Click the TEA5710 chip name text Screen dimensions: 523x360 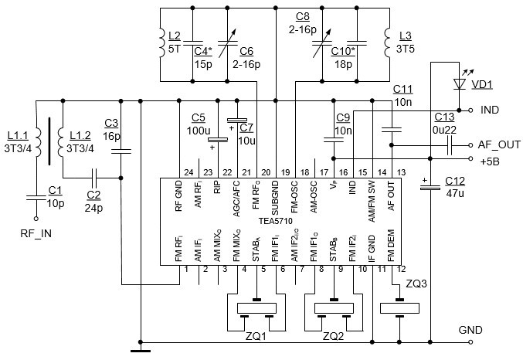point(276,221)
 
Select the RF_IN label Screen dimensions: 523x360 point(36,233)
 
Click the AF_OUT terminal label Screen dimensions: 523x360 point(499,144)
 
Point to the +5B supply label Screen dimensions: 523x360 point(490,161)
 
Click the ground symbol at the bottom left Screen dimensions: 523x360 point(141,351)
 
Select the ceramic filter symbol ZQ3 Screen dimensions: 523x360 point(399,308)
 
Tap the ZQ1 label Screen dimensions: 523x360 point(256,336)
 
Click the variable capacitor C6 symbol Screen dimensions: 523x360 point(227,43)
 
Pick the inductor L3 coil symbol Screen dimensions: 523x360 point(387,42)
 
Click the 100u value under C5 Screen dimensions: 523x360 point(199,131)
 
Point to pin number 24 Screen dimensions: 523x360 point(188,172)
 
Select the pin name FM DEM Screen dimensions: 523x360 point(391,245)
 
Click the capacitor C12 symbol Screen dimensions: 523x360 point(430,188)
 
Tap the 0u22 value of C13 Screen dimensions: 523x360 point(444,130)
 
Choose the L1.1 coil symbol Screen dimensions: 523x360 point(38,142)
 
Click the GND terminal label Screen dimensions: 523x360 point(470,330)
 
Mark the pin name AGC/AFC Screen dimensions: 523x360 point(236,199)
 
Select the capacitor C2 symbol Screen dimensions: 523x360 point(94,178)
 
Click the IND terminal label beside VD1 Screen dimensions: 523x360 point(490,110)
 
